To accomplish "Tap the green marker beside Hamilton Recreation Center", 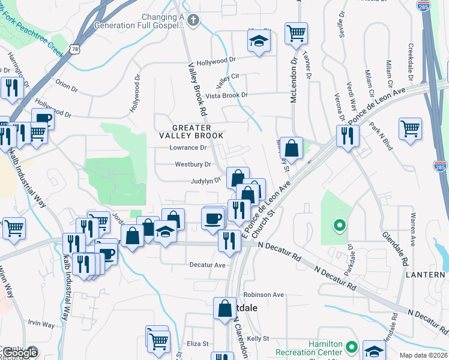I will coord(352,347).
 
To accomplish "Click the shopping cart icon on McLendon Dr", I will coord(295,32).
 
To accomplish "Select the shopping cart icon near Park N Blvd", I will coord(410,127).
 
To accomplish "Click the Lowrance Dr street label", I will coord(188,148).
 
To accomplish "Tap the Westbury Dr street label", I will coord(193,164).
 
